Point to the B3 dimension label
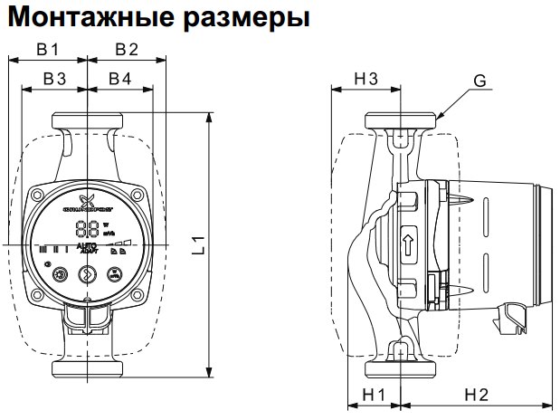click(55, 80)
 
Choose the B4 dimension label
click(119, 80)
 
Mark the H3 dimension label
click(365, 80)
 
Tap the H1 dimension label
click(374, 395)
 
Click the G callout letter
click(479, 81)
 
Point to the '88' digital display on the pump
click(88, 230)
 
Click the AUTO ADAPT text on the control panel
click(88, 248)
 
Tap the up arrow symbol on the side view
click(408, 243)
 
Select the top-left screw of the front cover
click(37, 195)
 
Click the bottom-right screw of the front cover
click(138, 296)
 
